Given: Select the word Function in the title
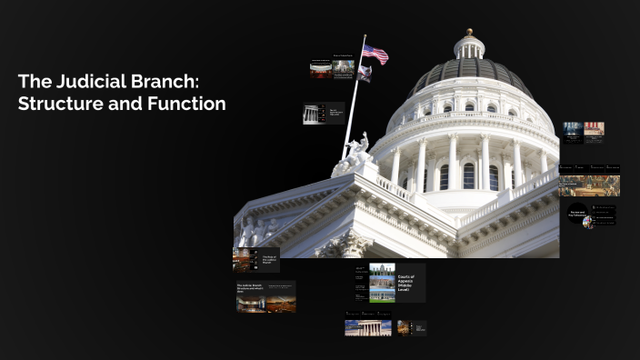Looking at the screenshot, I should point(186,104).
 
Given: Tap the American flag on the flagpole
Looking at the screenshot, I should point(375,55).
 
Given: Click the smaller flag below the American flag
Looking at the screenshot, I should point(364,73).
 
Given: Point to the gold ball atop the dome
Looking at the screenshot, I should point(470,32).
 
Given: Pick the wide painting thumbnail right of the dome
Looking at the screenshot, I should point(589,185).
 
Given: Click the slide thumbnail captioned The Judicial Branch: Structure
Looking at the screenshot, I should point(265,297).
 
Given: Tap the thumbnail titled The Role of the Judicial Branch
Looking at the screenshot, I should point(255,261).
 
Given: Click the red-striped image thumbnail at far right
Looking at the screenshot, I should point(594,130).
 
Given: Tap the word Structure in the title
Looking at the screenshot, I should point(57,104).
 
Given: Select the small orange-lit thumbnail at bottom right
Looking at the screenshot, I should point(403,326).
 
